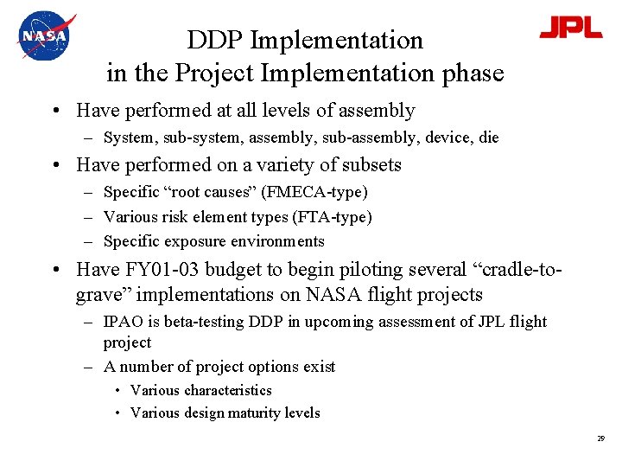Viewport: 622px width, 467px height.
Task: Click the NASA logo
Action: click(45, 35)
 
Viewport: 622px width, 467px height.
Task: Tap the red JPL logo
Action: click(571, 28)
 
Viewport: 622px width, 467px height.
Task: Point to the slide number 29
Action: click(600, 439)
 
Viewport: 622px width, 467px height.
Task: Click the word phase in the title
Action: click(465, 74)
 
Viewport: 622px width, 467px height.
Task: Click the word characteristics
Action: click(228, 390)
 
